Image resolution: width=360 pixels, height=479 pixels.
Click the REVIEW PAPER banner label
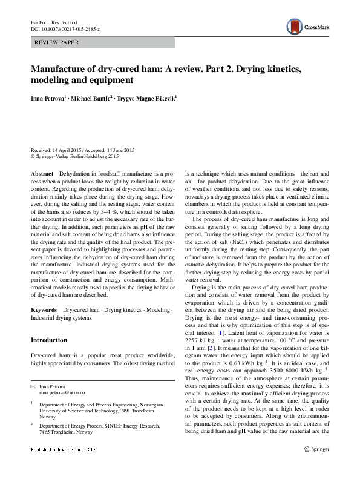(57, 42)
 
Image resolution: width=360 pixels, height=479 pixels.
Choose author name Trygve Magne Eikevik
(145, 97)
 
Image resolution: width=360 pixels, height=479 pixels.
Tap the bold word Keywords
(44, 309)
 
